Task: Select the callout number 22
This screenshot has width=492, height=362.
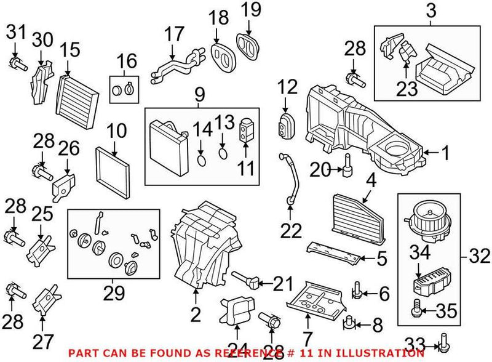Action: point(292,231)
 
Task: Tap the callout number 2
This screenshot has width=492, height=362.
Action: point(196,315)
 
